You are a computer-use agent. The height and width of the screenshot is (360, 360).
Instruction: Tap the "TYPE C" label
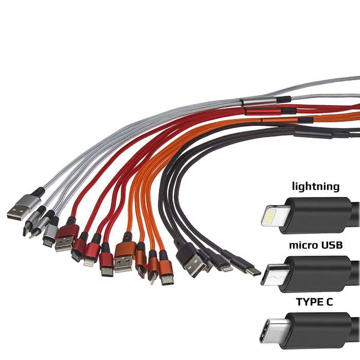click(314, 302)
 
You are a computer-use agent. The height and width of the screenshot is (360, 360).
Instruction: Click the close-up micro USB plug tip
click(271, 275)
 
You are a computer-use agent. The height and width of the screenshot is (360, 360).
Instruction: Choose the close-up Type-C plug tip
click(273, 332)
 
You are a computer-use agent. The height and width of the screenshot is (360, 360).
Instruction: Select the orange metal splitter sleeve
click(280, 121)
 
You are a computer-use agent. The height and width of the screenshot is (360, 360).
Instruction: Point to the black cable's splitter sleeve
click(314, 133)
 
